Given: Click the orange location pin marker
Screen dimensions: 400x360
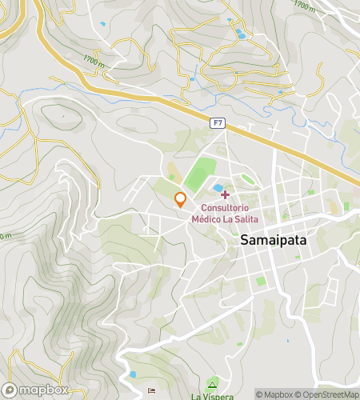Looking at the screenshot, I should point(181,199).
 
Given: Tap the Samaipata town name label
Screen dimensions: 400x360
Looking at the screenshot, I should point(273,239).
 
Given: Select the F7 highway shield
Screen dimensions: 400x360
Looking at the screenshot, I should point(217,122).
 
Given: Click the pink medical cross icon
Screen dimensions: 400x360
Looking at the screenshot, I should point(225,194).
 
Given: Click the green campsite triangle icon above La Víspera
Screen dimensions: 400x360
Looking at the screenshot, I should point(211,382).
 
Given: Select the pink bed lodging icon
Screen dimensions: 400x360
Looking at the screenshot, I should point(152,390).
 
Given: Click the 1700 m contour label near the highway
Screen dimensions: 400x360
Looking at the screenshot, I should point(94,59).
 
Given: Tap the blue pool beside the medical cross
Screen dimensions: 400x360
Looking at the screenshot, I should point(217,188).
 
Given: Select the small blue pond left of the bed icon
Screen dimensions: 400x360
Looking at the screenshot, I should point(133,374).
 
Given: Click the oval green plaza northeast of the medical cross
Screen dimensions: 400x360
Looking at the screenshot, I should point(248,179).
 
